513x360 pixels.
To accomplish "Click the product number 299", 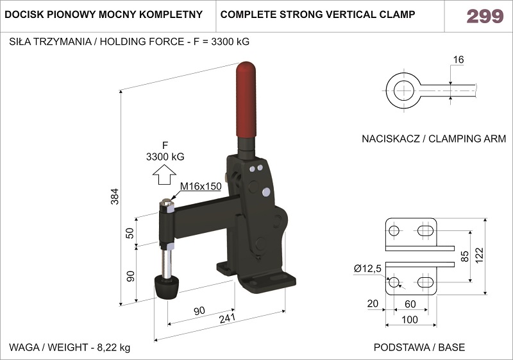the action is click(x=485, y=16).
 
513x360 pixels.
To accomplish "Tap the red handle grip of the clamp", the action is click(x=246, y=99).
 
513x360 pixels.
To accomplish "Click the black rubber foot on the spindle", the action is click(x=167, y=287).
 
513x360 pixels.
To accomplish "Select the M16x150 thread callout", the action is click(x=201, y=186).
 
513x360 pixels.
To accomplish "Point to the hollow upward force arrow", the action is click(x=164, y=175).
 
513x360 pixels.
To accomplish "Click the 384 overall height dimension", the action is click(x=115, y=196).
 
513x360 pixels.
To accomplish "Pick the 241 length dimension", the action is click(x=227, y=318).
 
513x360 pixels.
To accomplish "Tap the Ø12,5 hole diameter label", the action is click(x=367, y=269).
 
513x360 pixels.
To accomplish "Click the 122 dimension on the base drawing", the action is click(x=479, y=255).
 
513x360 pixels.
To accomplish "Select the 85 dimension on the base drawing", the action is click(x=464, y=256).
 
